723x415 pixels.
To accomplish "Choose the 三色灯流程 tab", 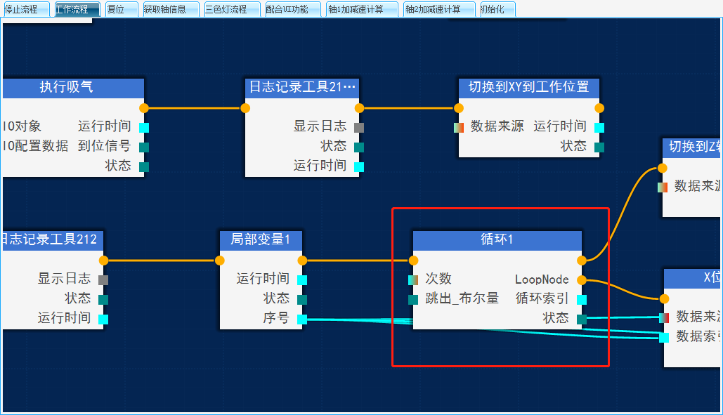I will point(226,10).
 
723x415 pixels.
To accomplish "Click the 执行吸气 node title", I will point(67,88).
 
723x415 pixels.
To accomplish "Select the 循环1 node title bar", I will point(497,240).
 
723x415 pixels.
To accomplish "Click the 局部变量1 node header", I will point(260,240).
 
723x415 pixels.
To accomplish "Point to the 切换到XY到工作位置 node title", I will point(528,88).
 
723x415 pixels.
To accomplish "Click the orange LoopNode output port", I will point(582,280).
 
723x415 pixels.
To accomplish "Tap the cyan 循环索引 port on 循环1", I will point(582,300).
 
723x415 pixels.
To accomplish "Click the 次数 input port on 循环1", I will point(413,280).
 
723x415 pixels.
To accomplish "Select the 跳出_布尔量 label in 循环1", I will point(462,299).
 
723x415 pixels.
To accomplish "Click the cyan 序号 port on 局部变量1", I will point(302,320).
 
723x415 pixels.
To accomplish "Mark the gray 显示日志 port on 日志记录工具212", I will point(103,280).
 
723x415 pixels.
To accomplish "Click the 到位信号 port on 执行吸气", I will point(144,147).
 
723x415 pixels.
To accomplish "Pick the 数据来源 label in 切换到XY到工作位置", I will point(497,127).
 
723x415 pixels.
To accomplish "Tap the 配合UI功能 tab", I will point(287,10).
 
